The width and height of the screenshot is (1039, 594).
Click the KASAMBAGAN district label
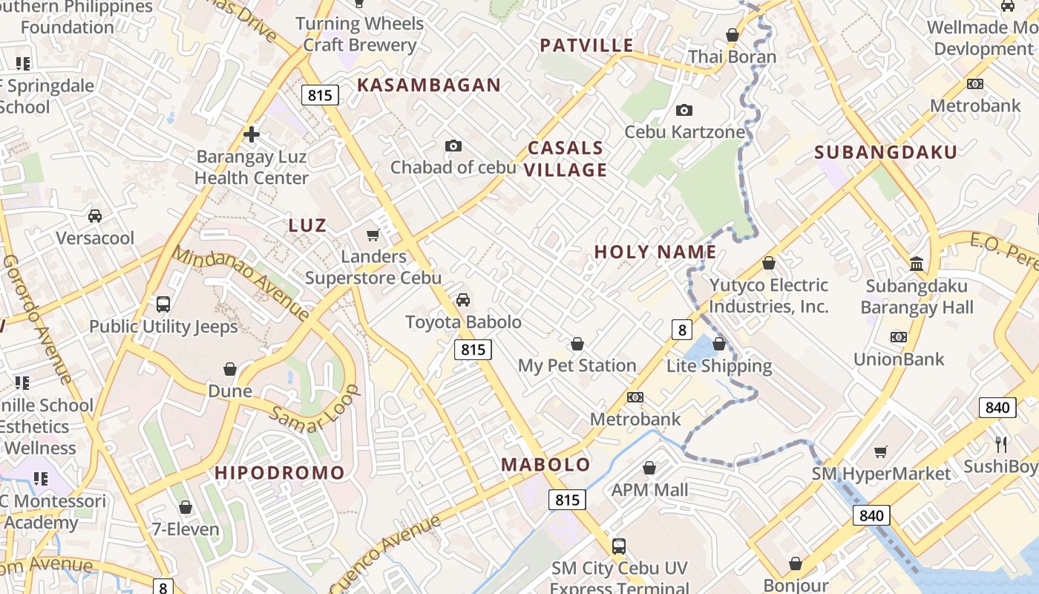coord(429,85)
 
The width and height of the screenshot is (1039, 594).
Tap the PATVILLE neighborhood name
coord(586,46)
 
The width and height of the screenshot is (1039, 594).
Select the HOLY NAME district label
coord(655,252)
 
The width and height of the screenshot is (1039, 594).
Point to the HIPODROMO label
coord(280,473)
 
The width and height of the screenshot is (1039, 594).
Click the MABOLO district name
coord(545,466)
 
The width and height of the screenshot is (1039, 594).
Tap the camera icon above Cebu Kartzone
coord(684,111)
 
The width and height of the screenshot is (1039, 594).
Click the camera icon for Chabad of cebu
coord(453,146)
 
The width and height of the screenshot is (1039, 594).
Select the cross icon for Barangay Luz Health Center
coord(252,134)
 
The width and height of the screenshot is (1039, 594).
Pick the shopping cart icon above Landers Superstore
coord(373,235)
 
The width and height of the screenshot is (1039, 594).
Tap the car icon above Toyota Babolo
coord(463,300)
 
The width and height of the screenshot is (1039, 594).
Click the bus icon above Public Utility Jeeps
coord(163,304)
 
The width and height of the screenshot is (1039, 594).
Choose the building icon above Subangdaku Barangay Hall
coord(917,264)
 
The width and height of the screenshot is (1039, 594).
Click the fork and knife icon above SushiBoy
coord(1001,445)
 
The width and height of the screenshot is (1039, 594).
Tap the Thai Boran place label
coord(732,57)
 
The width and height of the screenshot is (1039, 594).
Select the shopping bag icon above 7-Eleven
coord(186,508)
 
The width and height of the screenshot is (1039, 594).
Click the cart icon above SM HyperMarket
coord(881,451)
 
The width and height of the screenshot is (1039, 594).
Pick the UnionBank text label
coord(898,359)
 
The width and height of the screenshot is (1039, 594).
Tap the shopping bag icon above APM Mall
coord(649,469)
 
